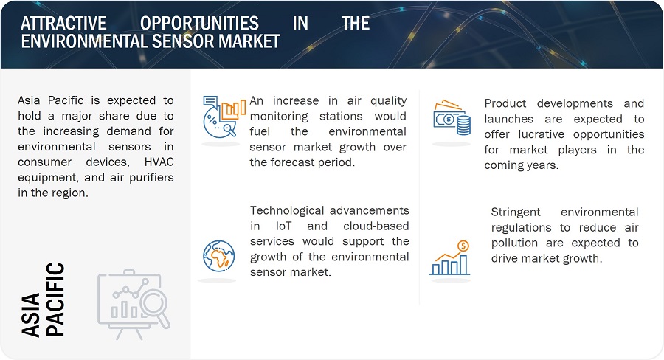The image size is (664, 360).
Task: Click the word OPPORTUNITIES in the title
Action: [199, 24]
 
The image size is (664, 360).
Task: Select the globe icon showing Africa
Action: [219, 256]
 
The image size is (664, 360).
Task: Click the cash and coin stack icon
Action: [452, 117]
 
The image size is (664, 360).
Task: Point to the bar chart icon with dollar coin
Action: [450, 258]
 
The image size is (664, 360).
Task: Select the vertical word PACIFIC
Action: [55, 300]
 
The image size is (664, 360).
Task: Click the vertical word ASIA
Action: [30, 315]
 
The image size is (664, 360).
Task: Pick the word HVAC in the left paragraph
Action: [159, 162]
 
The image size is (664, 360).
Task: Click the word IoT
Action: [283, 226]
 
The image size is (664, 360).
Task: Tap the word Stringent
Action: [516, 212]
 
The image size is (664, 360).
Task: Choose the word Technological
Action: [287, 210]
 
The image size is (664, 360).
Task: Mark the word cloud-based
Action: [376, 226]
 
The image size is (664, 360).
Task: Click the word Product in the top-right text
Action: [505, 103]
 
